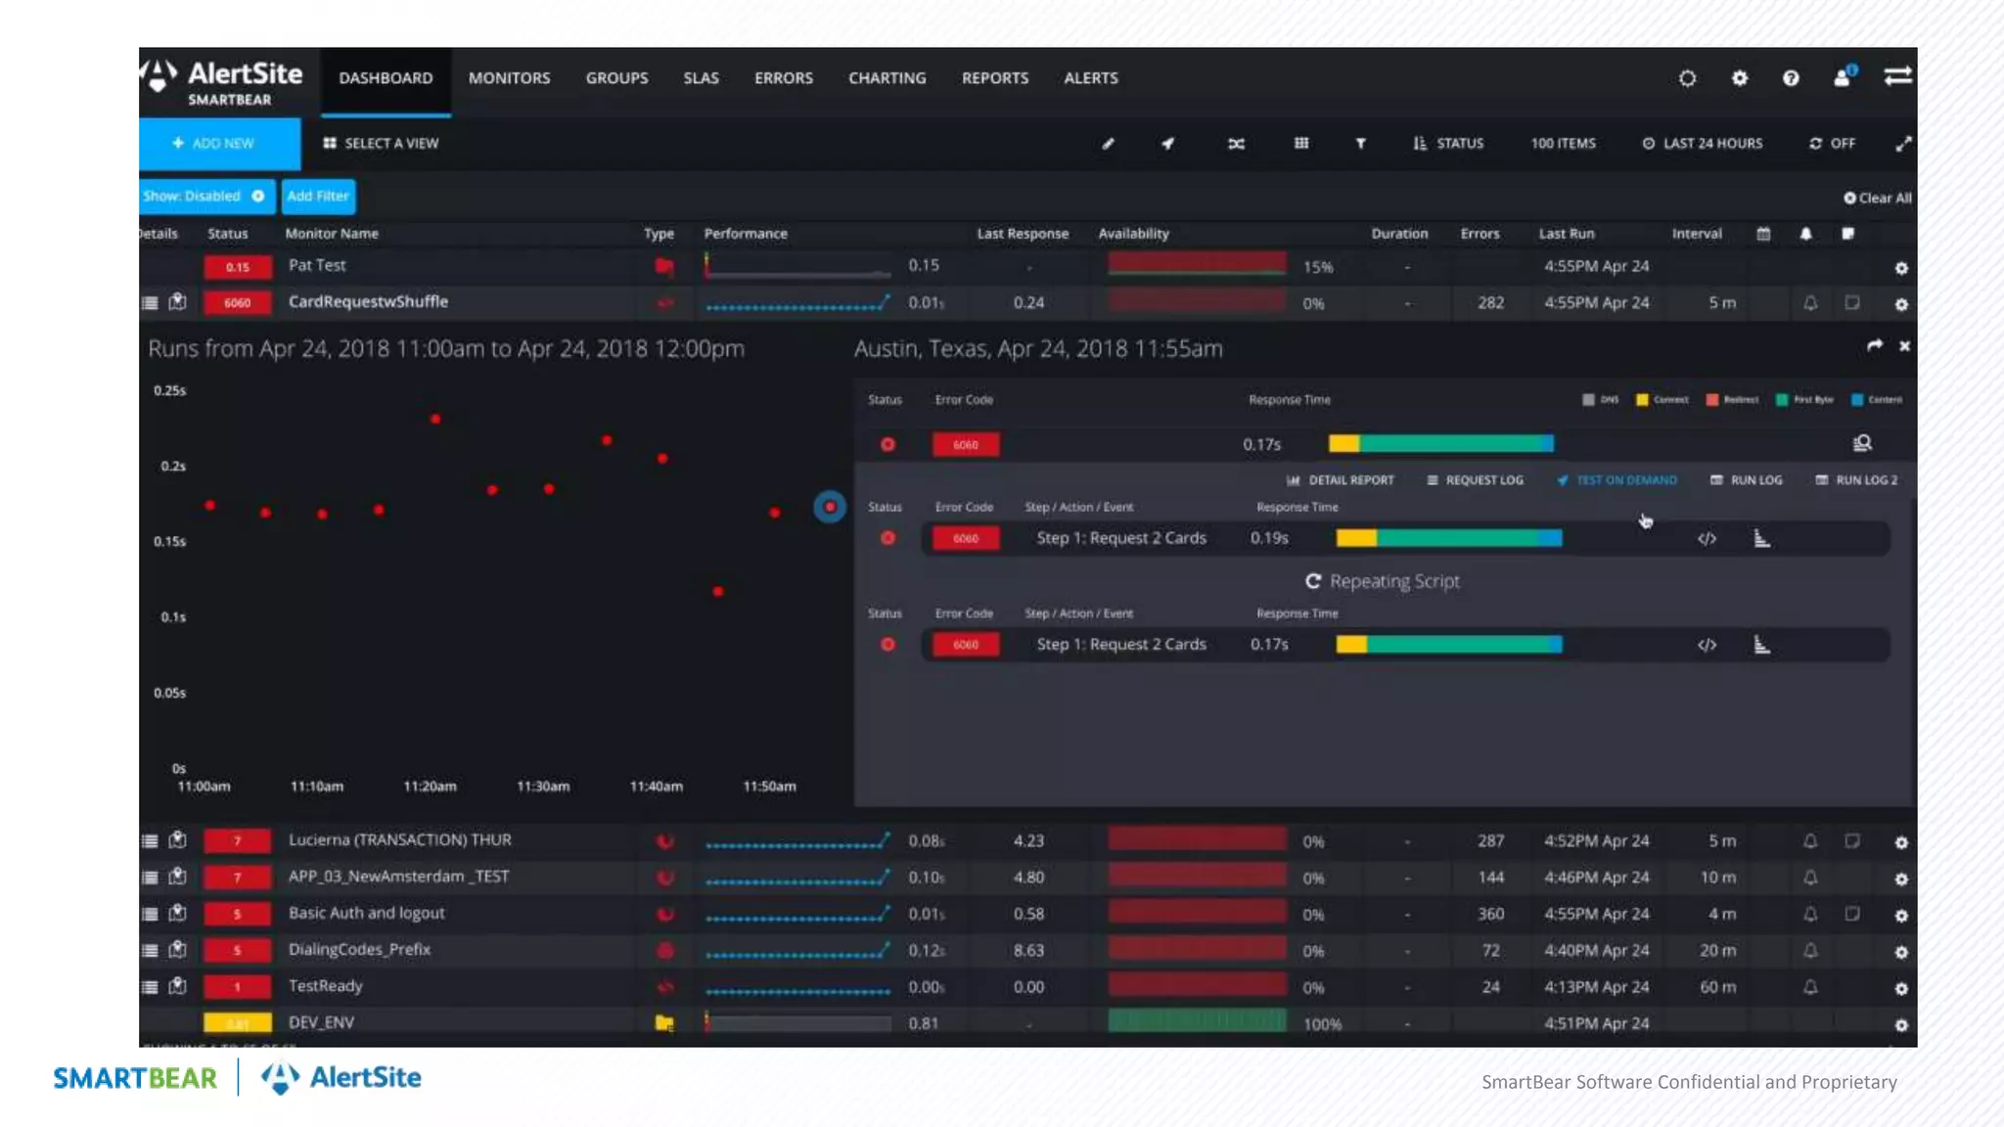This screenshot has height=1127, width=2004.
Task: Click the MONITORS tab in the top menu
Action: [x=509, y=78]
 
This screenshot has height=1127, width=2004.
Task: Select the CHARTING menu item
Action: [x=887, y=78]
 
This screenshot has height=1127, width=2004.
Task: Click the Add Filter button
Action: [x=318, y=196]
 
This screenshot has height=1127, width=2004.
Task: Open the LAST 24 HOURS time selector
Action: [x=1703, y=144]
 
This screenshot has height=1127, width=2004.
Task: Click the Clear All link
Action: [x=1878, y=198]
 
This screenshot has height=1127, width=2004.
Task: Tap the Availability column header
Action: [x=1133, y=234]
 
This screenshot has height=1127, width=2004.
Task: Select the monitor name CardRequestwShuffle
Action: [x=368, y=301]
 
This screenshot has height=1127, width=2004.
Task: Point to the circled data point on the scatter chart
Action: [x=830, y=507]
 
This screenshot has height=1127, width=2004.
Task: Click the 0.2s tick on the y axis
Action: [x=173, y=467]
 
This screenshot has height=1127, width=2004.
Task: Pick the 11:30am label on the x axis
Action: [x=543, y=787]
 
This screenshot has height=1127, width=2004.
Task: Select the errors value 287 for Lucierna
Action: [x=1490, y=841]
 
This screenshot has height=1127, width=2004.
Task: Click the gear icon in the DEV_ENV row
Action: [x=1900, y=1025]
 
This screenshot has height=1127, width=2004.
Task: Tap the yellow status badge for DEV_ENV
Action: [x=237, y=1023]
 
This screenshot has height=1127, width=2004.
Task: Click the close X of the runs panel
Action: [x=1904, y=346]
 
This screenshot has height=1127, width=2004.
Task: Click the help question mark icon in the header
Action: [x=1791, y=78]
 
